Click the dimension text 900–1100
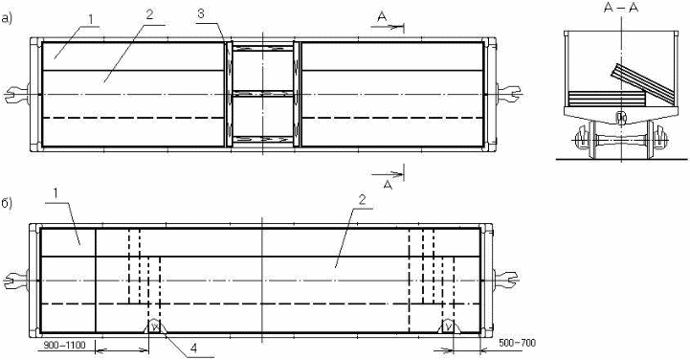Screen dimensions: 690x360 click(x=64, y=344)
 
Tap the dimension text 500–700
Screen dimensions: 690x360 click(x=517, y=343)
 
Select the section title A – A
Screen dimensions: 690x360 click(x=620, y=8)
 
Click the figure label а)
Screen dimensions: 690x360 click(x=6, y=18)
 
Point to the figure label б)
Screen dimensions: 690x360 click(x=6, y=204)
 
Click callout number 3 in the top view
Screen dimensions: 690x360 click(x=200, y=13)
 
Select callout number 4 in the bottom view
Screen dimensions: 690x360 click(x=193, y=348)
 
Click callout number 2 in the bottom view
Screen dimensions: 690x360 click(x=362, y=201)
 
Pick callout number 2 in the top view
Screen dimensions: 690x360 click(x=149, y=15)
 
